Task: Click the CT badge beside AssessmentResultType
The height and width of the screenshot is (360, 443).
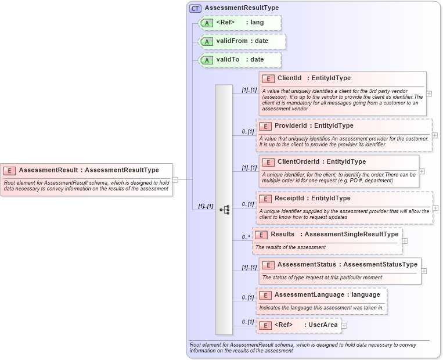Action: coord(195,8)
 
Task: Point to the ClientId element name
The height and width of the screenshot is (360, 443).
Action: coord(289,78)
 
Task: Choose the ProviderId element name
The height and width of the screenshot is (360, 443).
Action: coord(290,125)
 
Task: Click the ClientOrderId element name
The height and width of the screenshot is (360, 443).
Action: coord(298,161)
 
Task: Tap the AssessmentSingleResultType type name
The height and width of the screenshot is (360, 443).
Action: coord(351,234)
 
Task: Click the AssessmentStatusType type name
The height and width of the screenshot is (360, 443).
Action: coord(380,264)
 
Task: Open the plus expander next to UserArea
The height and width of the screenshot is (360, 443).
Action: coord(344,326)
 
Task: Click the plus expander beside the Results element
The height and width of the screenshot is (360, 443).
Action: coord(405,241)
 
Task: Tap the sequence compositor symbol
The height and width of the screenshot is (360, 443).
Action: coord(224,210)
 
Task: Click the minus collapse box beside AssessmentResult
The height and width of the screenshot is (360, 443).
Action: coord(175,180)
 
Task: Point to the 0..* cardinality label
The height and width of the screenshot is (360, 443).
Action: coord(246,237)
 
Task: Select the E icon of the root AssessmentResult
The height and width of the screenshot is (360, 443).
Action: coord(9,170)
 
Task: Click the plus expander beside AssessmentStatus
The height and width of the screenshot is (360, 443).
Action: coord(424,271)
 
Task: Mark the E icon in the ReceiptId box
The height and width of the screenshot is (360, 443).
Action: coord(265,199)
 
